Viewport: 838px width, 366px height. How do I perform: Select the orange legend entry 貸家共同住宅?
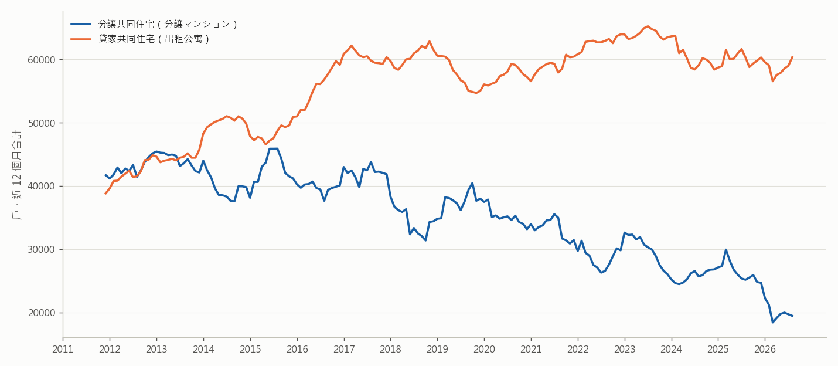[140, 39]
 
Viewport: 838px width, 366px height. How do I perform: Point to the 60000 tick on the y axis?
[41, 60]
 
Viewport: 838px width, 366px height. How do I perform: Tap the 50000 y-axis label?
[41, 123]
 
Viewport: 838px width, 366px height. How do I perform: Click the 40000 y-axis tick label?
[41, 186]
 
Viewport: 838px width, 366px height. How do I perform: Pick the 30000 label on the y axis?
[41, 249]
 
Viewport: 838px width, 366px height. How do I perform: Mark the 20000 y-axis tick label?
[41, 313]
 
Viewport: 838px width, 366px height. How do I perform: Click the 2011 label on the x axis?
[63, 349]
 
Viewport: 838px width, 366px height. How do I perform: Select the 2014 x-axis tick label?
[203, 349]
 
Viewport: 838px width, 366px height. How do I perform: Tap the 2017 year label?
[344, 349]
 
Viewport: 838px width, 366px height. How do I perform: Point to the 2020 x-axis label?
[484, 349]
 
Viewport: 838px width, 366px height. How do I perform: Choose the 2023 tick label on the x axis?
[624, 349]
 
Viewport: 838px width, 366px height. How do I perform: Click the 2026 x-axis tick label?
[765, 349]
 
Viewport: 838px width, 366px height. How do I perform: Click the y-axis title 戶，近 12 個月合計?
[17, 175]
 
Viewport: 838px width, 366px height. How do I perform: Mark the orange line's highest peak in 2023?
[648, 26]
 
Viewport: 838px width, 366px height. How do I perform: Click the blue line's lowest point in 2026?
[772, 322]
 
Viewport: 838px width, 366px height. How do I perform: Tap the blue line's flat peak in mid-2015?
[273, 149]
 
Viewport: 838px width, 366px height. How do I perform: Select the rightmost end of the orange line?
[792, 57]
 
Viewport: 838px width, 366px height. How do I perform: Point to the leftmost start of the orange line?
[105, 194]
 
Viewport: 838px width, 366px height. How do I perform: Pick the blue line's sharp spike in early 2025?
[725, 249]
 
